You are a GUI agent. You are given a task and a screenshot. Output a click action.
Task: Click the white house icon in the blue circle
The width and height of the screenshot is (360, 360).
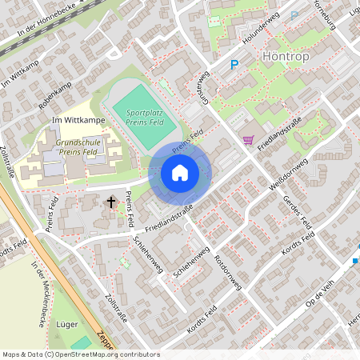pos(180,173)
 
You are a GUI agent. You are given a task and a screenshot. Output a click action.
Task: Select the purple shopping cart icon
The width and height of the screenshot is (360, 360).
pos(248,139)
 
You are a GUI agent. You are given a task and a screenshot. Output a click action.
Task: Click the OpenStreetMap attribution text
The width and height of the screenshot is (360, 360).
pos(81,354)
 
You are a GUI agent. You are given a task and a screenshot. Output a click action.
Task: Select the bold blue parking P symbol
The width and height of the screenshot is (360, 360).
pos(234,66)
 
